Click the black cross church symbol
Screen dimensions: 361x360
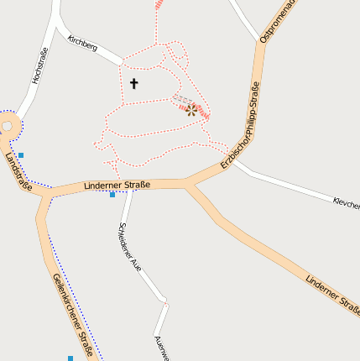(x=133, y=83)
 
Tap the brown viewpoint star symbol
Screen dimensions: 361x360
(x=191, y=108)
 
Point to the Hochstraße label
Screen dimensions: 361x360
(x=39, y=66)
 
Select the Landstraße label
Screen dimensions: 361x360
(x=18, y=172)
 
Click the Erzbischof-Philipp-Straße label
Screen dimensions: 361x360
(x=241, y=126)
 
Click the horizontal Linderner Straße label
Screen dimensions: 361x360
(x=117, y=185)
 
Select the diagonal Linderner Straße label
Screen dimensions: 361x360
(x=332, y=294)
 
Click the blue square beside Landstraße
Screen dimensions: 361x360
(x=21, y=154)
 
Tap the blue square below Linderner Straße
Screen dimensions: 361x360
(x=112, y=195)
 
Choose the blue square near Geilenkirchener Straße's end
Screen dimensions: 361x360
(x=70, y=358)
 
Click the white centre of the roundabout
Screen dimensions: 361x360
(x=6, y=126)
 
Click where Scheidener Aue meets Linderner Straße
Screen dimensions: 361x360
(x=129, y=187)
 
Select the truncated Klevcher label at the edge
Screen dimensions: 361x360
(x=346, y=203)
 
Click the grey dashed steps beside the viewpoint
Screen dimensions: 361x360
(x=180, y=102)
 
